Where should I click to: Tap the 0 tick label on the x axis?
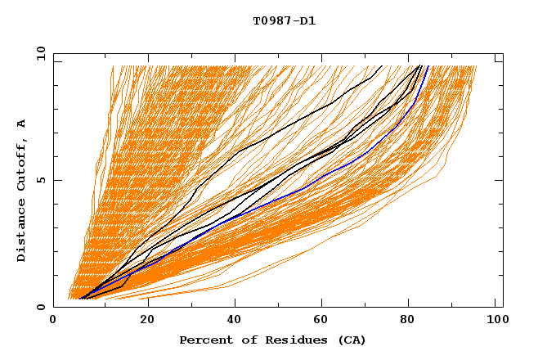(x=53, y=321)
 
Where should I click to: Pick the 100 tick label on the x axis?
(x=496, y=321)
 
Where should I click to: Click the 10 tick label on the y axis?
(x=40, y=53)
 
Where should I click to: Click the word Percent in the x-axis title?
(x=204, y=340)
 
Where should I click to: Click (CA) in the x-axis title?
(x=349, y=340)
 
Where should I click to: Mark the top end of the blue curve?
(x=428, y=65)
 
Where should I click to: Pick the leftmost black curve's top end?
(x=381, y=65)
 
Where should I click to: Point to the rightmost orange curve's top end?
(x=476, y=65)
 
